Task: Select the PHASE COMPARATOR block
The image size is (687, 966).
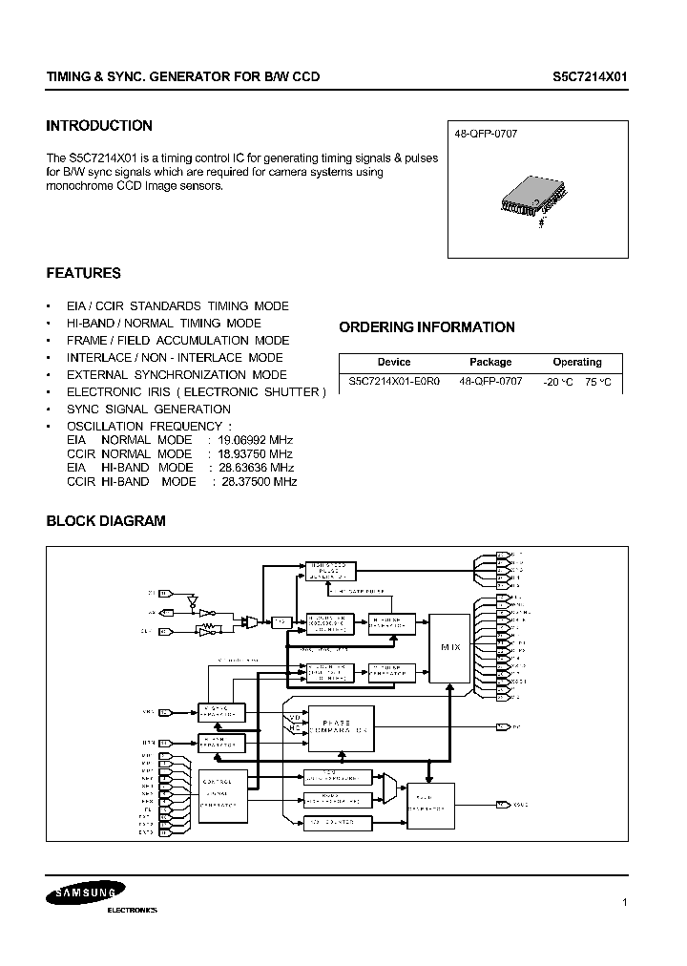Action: [x=335, y=732]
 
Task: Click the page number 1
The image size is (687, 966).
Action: [x=624, y=902]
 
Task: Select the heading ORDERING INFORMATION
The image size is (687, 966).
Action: [x=427, y=327]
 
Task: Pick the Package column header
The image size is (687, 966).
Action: [x=490, y=363]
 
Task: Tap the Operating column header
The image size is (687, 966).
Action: [x=576, y=363]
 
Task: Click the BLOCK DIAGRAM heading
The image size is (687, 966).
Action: [x=106, y=521]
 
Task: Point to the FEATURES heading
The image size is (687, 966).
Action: [x=84, y=273]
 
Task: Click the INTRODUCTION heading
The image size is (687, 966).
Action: [x=99, y=126]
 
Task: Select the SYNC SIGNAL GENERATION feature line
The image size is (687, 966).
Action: [x=148, y=409]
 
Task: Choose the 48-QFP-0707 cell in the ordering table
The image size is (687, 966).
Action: [x=490, y=381]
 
